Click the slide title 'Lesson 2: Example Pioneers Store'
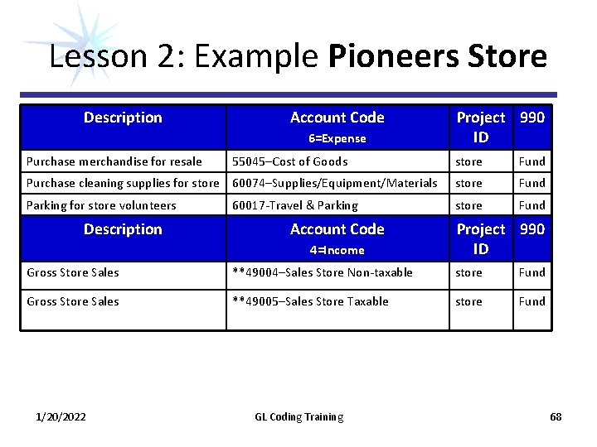(x=298, y=57)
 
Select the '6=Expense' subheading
(x=337, y=139)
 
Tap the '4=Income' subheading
(x=337, y=250)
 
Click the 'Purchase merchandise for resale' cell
(x=114, y=161)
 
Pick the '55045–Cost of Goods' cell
(x=290, y=161)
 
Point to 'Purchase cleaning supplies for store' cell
(x=123, y=183)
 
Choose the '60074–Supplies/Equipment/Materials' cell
(x=335, y=183)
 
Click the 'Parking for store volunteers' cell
(x=101, y=205)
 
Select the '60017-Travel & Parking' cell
(x=295, y=205)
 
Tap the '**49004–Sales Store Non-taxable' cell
(x=323, y=272)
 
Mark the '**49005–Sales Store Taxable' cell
(x=310, y=301)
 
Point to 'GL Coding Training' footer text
(x=298, y=417)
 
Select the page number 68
(x=556, y=417)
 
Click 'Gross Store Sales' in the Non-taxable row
(x=73, y=272)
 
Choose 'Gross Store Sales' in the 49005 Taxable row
(x=73, y=301)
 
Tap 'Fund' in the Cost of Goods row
(x=531, y=161)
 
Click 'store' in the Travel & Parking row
(x=468, y=205)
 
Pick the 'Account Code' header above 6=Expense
(x=337, y=118)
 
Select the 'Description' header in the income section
(x=123, y=229)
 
